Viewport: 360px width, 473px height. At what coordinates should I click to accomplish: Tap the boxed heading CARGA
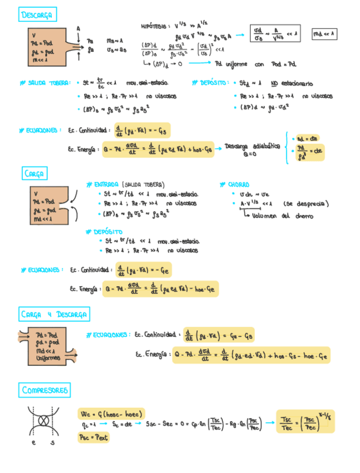[x=35, y=173]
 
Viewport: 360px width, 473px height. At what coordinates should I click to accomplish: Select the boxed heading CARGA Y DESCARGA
[x=54, y=315]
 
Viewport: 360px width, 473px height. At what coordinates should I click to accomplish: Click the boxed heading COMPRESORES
[x=46, y=390]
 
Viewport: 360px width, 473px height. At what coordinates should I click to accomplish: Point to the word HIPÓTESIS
[x=155, y=26]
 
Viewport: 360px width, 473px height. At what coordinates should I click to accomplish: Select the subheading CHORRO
[x=238, y=185]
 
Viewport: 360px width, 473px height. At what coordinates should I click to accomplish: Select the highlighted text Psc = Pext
[x=94, y=438]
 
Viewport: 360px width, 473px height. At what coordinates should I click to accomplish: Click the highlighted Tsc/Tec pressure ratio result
[x=305, y=422]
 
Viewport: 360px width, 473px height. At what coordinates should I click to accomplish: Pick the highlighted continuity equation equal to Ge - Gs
[x=218, y=335]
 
